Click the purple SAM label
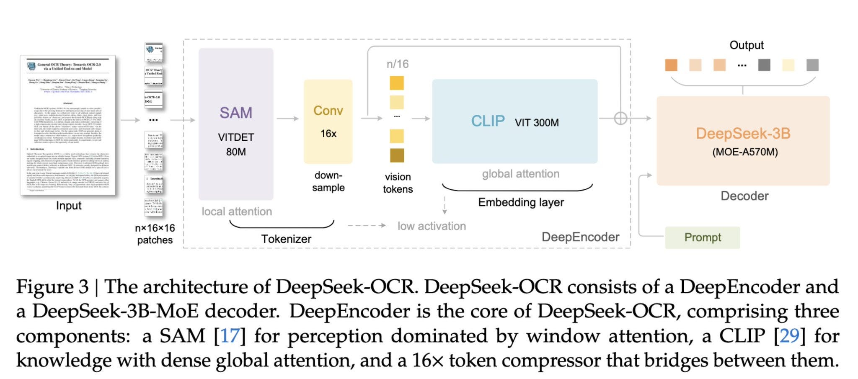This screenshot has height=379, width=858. click(x=236, y=113)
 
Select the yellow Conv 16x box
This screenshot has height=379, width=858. click(x=328, y=121)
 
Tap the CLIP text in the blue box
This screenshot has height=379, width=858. click(x=488, y=121)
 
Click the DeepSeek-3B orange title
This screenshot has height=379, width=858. click(x=743, y=134)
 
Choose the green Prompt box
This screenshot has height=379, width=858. click(x=702, y=237)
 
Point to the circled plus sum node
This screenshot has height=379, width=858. click(x=620, y=119)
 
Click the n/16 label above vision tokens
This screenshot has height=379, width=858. click(x=397, y=64)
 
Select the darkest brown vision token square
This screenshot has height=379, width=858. click(x=397, y=155)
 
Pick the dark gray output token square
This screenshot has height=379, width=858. click(x=764, y=65)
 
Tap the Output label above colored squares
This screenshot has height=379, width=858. click(x=746, y=45)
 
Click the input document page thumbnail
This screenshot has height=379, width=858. click(x=67, y=126)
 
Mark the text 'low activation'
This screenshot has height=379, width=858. click(x=432, y=226)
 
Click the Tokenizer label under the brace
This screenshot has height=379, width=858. click(x=286, y=239)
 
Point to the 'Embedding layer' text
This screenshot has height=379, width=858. click(x=521, y=203)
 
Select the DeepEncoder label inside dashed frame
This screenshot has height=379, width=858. click(x=580, y=237)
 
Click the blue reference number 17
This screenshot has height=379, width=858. click(x=230, y=336)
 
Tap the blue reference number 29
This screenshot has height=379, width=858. click(x=790, y=336)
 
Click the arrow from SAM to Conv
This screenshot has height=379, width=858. click(x=288, y=119)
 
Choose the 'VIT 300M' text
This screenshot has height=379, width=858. click(x=537, y=123)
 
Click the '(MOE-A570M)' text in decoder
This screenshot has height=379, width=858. click(x=745, y=152)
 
